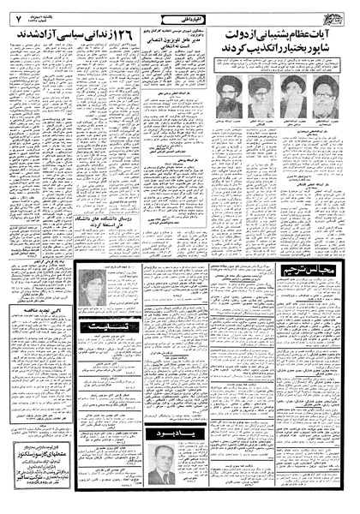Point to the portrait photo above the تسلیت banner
[91, 289]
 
